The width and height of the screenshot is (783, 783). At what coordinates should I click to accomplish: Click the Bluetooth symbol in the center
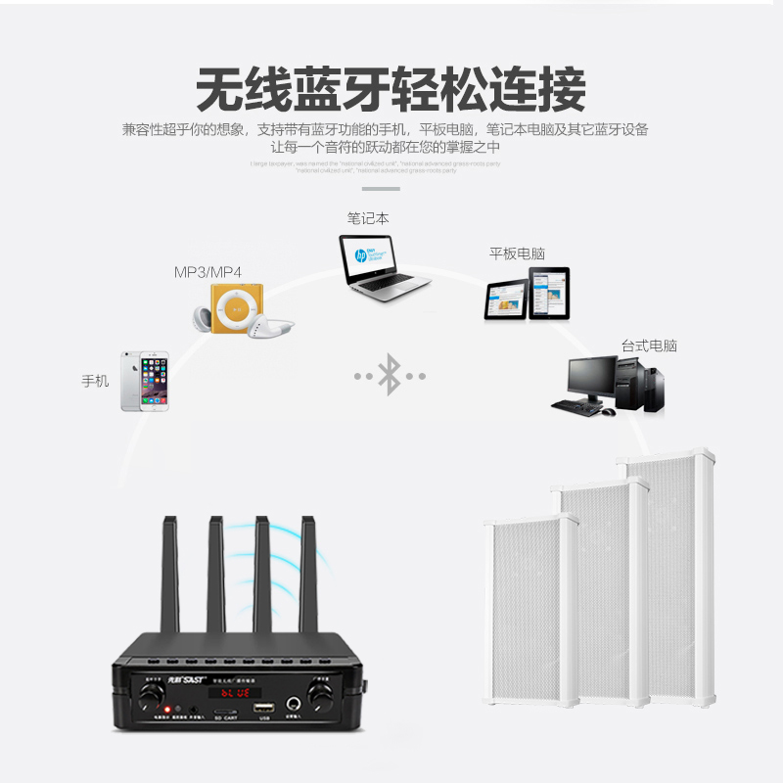[390, 376]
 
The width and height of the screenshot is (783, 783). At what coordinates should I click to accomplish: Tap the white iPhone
[145, 381]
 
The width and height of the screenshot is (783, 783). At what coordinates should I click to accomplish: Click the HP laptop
[382, 263]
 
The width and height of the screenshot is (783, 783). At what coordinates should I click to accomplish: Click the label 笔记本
[368, 218]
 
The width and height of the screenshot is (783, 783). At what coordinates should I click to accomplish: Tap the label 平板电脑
[517, 253]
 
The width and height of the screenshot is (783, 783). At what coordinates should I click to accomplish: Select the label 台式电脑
[649, 345]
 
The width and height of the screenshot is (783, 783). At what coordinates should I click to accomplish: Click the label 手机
[95, 381]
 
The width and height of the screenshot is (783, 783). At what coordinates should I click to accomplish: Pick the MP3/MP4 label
[207, 271]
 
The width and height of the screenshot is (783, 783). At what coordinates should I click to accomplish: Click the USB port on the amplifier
[262, 708]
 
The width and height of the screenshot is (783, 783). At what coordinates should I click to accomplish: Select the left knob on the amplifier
[151, 695]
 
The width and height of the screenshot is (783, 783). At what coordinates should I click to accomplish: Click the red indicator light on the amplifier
[167, 710]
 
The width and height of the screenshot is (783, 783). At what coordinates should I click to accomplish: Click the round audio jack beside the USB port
[294, 704]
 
